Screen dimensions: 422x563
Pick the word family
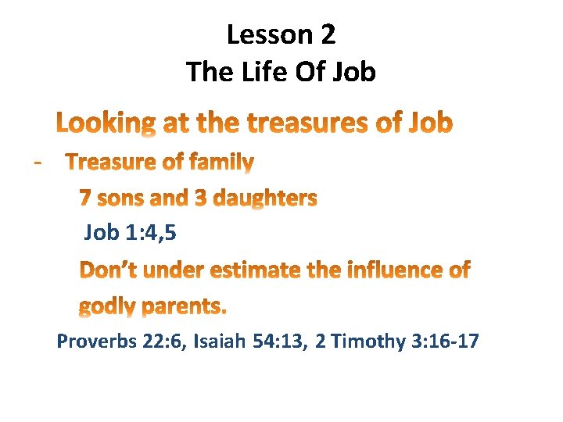pos(219,163)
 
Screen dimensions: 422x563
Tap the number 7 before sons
pos(85,198)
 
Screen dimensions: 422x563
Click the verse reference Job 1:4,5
pos(124,232)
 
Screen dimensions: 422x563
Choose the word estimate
pos(264,270)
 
